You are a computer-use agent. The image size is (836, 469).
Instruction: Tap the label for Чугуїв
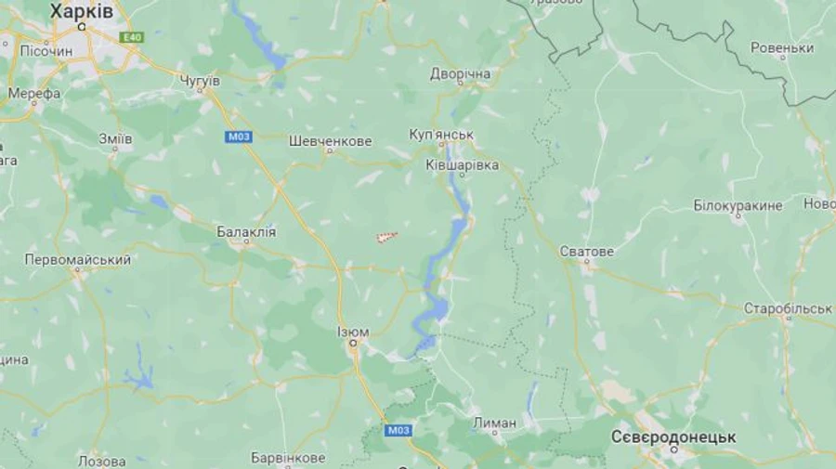199,82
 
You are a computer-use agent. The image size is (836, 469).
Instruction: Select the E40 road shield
131,37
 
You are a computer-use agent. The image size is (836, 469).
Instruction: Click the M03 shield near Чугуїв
237,137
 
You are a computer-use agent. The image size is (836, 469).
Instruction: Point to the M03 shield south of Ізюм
398,429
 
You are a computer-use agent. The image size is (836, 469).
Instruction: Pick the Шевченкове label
330,141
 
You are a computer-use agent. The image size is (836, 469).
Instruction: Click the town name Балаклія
246,231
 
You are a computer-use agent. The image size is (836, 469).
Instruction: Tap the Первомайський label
77,260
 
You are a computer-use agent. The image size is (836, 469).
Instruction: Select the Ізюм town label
353,332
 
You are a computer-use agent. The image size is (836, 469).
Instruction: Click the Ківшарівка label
462,164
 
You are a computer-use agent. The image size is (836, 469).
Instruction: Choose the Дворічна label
460,73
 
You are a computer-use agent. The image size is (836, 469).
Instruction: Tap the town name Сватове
587,252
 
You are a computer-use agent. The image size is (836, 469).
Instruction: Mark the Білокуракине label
738,205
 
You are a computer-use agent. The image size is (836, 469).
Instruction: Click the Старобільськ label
788,307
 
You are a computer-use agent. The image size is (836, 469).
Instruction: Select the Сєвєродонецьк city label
673,436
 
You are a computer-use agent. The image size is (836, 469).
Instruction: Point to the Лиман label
494,423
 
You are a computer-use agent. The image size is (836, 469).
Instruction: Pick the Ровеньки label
782,47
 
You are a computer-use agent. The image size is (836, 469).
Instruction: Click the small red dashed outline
386,238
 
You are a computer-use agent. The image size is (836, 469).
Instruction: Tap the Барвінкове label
288,458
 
